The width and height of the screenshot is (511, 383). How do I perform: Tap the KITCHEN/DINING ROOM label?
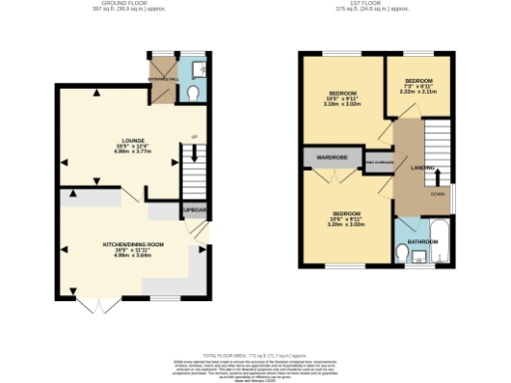coord(133,243)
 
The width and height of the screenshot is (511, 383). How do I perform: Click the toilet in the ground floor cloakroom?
coord(193,93)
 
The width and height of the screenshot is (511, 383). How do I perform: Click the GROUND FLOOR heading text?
coord(133,5)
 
